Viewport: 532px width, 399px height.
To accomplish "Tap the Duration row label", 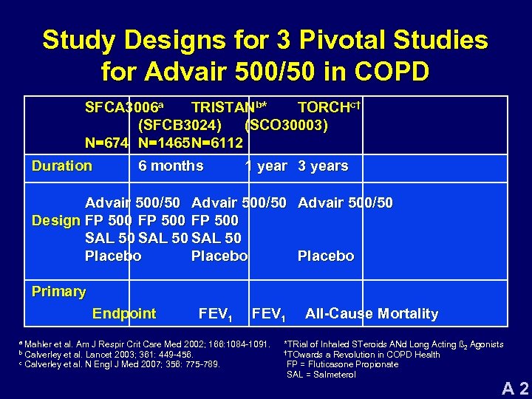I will click(61, 166).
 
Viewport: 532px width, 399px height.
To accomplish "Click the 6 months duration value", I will click(171, 166).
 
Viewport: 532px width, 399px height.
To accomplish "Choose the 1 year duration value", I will click(266, 166).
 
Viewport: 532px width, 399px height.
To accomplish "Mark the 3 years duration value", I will click(323, 166).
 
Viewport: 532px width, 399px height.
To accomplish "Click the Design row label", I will click(56, 220).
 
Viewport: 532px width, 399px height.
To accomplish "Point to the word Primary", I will click(58, 291).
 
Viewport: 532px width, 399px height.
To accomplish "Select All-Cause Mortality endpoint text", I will click(372, 313).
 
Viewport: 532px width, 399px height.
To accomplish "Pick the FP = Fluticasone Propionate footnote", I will click(342, 364).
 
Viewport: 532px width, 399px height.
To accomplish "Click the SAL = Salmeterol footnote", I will click(321, 375).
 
